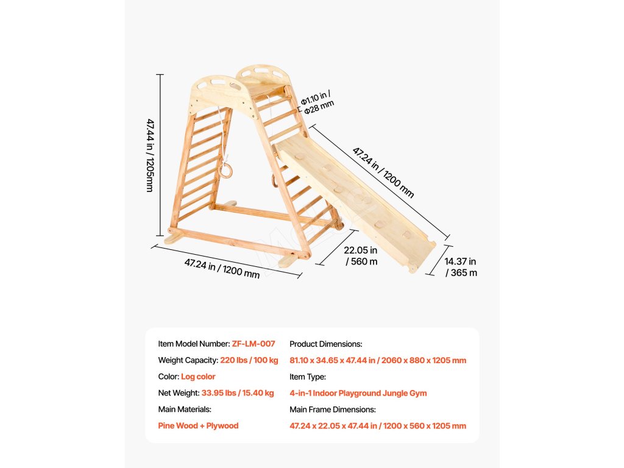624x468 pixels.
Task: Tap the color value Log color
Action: coord(198,377)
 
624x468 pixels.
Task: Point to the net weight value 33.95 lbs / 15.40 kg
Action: coord(238,393)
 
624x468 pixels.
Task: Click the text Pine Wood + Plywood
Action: coord(198,425)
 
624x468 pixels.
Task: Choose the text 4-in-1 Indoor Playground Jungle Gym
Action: coord(358,393)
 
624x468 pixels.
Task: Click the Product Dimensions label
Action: coord(325,344)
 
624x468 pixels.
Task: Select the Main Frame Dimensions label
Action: coord(332,409)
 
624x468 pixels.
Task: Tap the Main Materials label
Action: coord(185,409)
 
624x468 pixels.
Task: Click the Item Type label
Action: coord(308,377)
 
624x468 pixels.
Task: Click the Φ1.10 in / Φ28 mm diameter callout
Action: coord(317,101)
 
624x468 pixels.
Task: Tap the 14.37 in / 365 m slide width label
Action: coord(461,267)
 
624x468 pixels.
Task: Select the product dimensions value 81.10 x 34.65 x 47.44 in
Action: coord(378,360)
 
